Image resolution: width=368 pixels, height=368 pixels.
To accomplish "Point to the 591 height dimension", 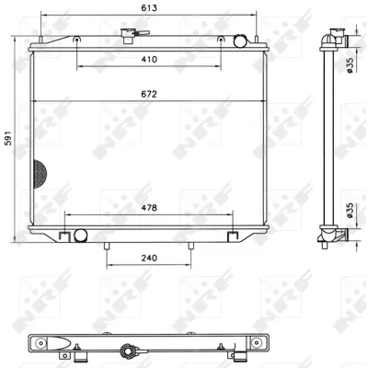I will pyautogui.click(x=9, y=139).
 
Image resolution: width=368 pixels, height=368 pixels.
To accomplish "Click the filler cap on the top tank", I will pyautogui.click(x=126, y=36).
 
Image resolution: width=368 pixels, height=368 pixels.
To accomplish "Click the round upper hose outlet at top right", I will pyautogui.click(x=241, y=40).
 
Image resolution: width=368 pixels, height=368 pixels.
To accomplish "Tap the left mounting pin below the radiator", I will pyautogui.click(x=107, y=246).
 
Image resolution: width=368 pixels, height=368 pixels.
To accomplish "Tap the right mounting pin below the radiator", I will pyautogui.click(x=190, y=246).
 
